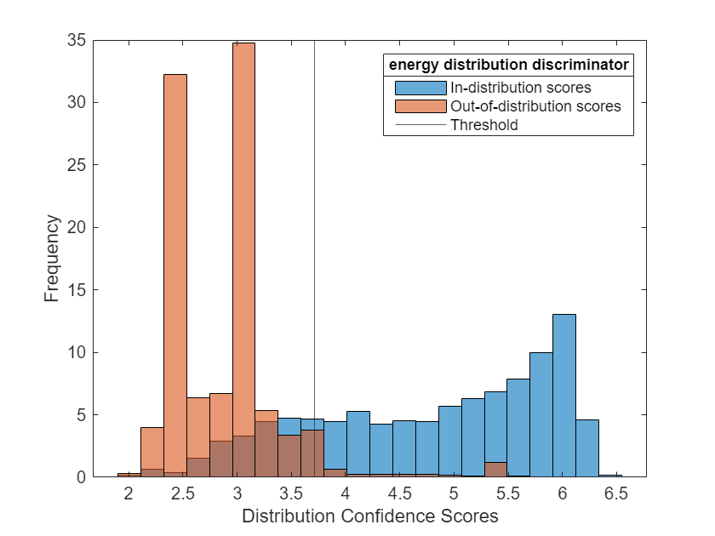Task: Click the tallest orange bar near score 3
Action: (x=243, y=255)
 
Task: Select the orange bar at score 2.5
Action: (x=175, y=272)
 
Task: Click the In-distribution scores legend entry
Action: (x=520, y=87)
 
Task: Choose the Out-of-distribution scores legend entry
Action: (x=535, y=106)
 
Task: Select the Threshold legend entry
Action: (x=483, y=125)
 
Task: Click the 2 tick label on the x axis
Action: (x=129, y=494)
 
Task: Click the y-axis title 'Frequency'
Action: (x=53, y=258)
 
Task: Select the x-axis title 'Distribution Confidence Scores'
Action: (x=369, y=516)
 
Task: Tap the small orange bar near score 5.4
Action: (x=495, y=470)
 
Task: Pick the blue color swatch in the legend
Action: (x=420, y=87)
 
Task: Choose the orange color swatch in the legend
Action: (x=420, y=106)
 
